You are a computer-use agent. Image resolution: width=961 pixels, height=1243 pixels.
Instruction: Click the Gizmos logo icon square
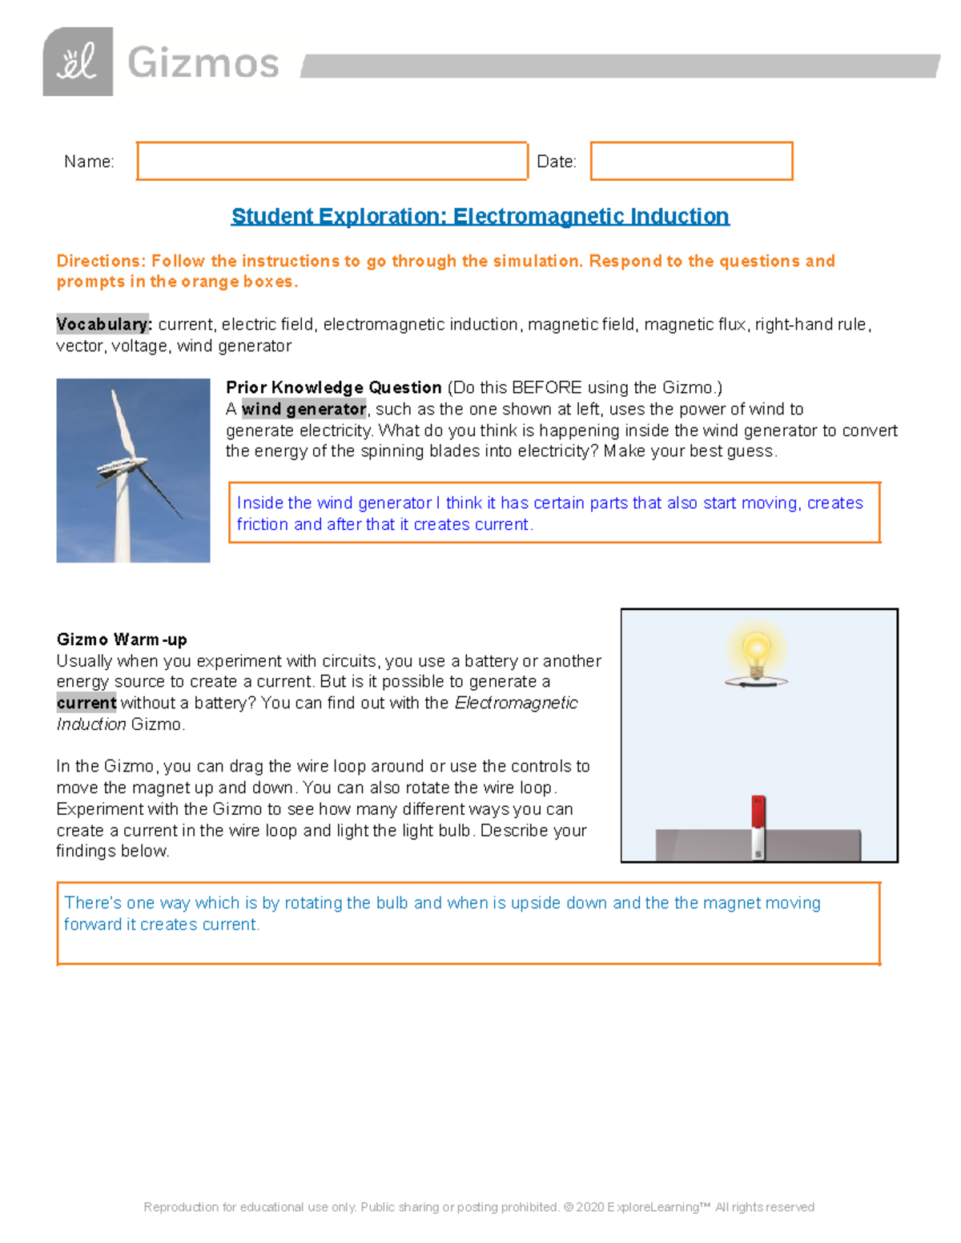pyautogui.click(x=78, y=62)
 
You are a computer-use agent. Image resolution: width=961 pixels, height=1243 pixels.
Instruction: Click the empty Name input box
pyautogui.click(x=332, y=161)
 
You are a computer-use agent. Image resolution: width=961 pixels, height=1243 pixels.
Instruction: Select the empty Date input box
pyautogui.click(x=691, y=161)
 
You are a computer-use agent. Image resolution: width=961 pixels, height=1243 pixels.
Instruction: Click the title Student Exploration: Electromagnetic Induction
pyautogui.click(x=480, y=216)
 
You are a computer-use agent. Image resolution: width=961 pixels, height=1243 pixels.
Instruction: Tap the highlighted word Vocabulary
pyautogui.click(x=103, y=324)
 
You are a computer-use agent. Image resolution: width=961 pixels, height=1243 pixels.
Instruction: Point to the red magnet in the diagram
pyautogui.click(x=758, y=812)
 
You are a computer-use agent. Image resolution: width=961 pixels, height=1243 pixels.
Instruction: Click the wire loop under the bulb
pyautogui.click(x=756, y=682)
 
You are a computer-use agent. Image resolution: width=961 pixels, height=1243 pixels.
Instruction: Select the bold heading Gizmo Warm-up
pyautogui.click(x=122, y=640)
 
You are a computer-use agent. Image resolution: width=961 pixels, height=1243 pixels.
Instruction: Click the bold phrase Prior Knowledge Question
pyautogui.click(x=334, y=387)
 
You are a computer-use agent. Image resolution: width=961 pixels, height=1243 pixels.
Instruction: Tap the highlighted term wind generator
pyautogui.click(x=304, y=409)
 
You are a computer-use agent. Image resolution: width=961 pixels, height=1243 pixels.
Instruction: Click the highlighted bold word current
pyautogui.click(x=86, y=703)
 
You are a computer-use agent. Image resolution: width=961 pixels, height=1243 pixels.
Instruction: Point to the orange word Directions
pyautogui.click(x=101, y=261)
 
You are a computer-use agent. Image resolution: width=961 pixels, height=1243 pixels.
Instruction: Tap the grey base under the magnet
pyautogui.click(x=809, y=845)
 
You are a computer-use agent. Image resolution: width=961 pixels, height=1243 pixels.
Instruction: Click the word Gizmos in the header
pyautogui.click(x=203, y=62)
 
